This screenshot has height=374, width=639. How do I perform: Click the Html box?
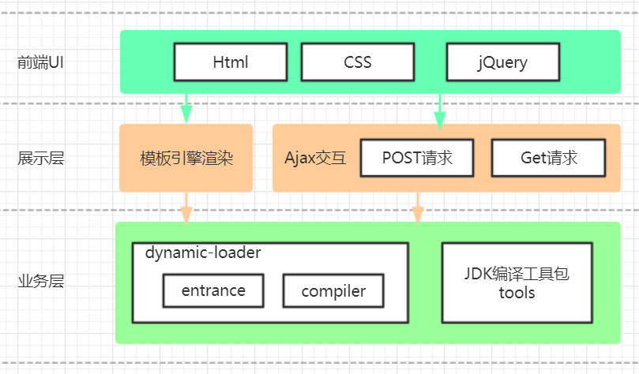coord(231,62)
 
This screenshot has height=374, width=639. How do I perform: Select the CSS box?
coord(358,62)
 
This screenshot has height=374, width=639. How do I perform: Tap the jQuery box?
coord(502,62)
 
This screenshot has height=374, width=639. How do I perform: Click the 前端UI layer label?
coord(40,62)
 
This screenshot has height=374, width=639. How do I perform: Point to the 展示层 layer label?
coord(40,159)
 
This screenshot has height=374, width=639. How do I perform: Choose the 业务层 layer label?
coord(40,282)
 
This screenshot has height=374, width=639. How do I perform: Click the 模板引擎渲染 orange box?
coord(186,158)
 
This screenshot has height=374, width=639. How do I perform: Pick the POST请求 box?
coord(417,158)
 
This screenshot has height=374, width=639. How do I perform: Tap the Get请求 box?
coord(549,158)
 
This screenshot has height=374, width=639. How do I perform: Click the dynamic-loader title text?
coord(203,253)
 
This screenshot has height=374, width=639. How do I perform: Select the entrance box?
coord(213,290)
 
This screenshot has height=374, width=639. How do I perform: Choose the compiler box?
coord(333,291)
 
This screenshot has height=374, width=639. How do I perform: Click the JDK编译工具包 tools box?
coord(517,282)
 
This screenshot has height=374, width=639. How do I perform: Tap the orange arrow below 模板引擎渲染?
coord(186,207)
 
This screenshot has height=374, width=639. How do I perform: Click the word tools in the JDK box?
coord(517,294)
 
